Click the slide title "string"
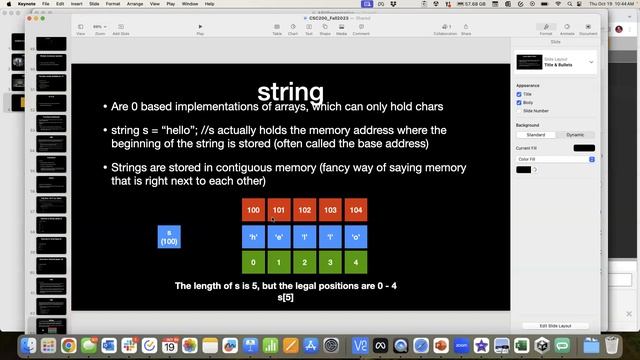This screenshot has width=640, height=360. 291,92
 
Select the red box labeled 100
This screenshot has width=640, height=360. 253,210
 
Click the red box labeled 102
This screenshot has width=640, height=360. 304,210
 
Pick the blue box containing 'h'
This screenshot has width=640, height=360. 253,237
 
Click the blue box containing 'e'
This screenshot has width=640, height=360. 279,237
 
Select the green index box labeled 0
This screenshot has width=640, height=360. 253,263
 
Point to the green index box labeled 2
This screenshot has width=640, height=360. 304,263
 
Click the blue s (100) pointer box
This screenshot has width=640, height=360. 169,237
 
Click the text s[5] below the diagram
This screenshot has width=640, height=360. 286,297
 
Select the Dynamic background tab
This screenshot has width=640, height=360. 574,134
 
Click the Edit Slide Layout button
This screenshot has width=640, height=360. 556,326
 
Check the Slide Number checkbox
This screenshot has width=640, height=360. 519,110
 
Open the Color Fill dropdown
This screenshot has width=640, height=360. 555,159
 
